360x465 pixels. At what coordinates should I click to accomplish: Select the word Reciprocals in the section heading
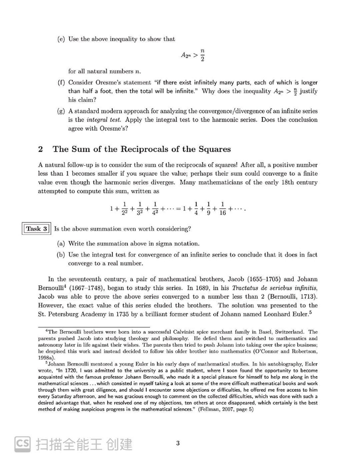[151, 149]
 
